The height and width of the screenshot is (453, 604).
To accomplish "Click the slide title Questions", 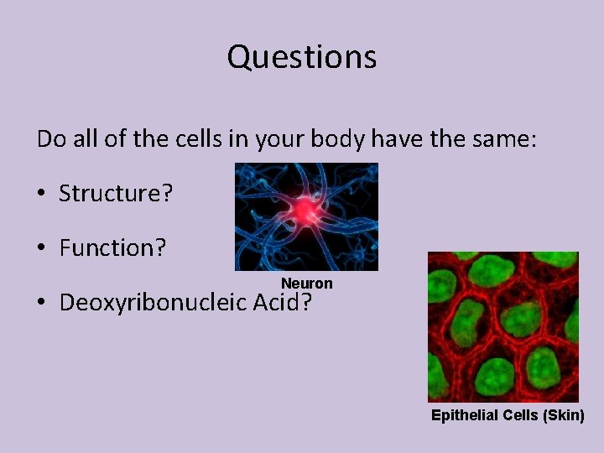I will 302,58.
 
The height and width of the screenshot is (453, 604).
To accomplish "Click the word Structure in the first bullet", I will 110,194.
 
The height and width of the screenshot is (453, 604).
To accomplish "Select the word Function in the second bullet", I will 107,248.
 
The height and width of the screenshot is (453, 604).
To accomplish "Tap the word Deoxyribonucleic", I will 154,303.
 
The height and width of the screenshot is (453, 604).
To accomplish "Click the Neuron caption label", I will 306,284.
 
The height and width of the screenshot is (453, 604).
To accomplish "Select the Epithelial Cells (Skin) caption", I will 508,415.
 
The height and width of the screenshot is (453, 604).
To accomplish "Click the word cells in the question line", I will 200,139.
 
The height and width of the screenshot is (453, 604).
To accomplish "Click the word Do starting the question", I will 49,139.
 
